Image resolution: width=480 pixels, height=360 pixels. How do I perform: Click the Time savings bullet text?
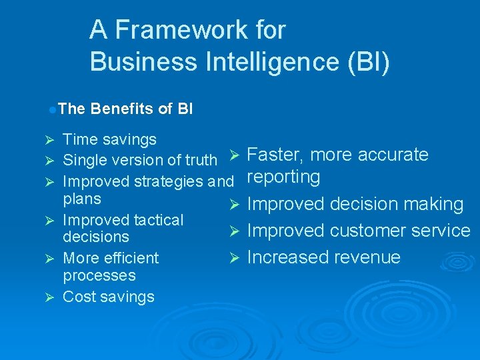[109, 139]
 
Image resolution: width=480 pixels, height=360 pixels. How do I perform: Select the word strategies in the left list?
[169, 181]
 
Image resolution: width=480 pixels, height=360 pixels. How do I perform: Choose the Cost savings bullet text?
[108, 297]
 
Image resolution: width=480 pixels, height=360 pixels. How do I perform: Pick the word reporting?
[283, 177]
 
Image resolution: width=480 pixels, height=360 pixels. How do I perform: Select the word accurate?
[393, 155]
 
